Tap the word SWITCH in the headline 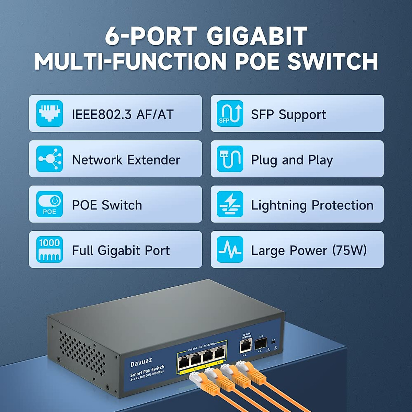(x=332, y=61)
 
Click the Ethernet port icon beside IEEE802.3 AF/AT (x=49, y=113)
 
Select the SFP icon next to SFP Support (x=230, y=113)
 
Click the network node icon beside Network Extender (x=49, y=159)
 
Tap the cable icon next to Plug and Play (x=230, y=159)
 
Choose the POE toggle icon (x=49, y=204)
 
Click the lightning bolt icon (x=230, y=204)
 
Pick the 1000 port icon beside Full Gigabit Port (x=49, y=249)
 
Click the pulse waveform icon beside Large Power (x=230, y=249)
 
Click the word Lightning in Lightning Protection (x=279, y=205)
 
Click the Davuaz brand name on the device (x=141, y=362)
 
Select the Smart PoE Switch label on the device (x=147, y=371)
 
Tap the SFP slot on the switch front (x=261, y=343)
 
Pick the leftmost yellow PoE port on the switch (x=183, y=361)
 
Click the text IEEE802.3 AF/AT (x=123, y=114)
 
